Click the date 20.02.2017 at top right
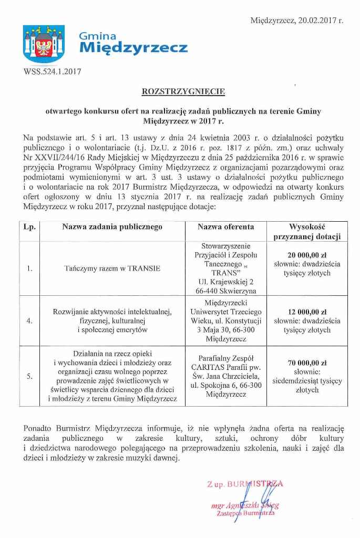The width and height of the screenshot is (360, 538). [x=321, y=21]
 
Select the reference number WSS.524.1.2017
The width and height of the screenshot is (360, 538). [x=53, y=72]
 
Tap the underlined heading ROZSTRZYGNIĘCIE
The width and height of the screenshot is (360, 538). [x=176, y=91]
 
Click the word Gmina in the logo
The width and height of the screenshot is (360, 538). [x=97, y=36]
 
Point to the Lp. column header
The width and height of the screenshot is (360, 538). [x=29, y=227]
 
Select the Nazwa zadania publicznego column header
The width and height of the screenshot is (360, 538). [x=112, y=227]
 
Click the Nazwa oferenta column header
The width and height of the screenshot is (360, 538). [x=226, y=227]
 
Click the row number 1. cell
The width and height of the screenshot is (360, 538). [x=29, y=268]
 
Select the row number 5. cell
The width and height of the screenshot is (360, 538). [x=29, y=376]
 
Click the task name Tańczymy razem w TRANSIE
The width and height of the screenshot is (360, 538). [x=112, y=268]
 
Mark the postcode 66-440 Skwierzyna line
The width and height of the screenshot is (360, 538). [x=226, y=290]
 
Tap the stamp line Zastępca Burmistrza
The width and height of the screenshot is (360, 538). [x=245, y=513]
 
